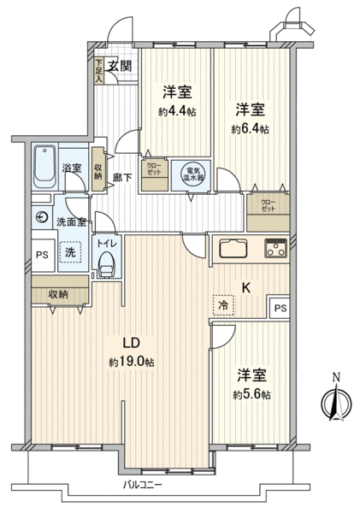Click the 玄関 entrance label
pyautogui.click(x=121, y=66)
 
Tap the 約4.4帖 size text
pyautogui.click(x=177, y=112)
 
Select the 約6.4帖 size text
pyautogui.click(x=251, y=130)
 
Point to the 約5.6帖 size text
pyautogui.click(x=251, y=395)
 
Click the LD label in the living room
pyautogui.click(x=131, y=343)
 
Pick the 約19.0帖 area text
pyautogui.click(x=132, y=363)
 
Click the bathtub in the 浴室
pyautogui.click(x=44, y=167)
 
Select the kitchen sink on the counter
pyautogui.click(x=233, y=249)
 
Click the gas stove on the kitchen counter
pyautogui.click(x=276, y=249)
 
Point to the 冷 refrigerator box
pyautogui.click(x=223, y=305)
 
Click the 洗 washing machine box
pyautogui.click(x=70, y=252)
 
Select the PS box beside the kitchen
pyautogui.click(x=280, y=308)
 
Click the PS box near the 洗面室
pyautogui.click(x=43, y=254)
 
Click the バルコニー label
pyautogui.click(x=142, y=484)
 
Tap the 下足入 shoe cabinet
pyautogui.click(x=99, y=71)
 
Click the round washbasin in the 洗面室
pyautogui.click(x=42, y=217)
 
